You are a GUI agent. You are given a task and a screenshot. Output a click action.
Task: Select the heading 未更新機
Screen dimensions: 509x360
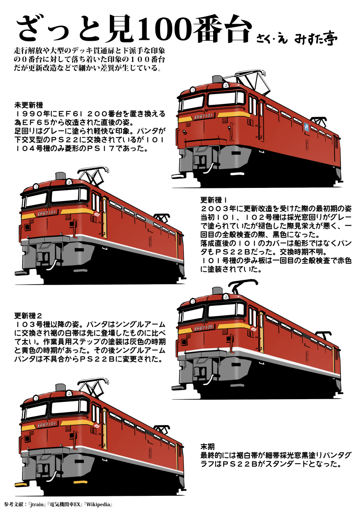[x=28, y=105]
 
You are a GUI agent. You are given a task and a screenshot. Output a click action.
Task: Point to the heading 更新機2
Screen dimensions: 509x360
[x=28, y=315]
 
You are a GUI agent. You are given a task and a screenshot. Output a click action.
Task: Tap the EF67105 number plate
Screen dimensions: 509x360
[x=203, y=328]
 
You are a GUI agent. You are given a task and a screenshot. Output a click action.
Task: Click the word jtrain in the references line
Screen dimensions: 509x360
[x=38, y=505]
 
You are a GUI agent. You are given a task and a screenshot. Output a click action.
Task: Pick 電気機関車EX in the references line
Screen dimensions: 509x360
[x=66, y=505]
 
